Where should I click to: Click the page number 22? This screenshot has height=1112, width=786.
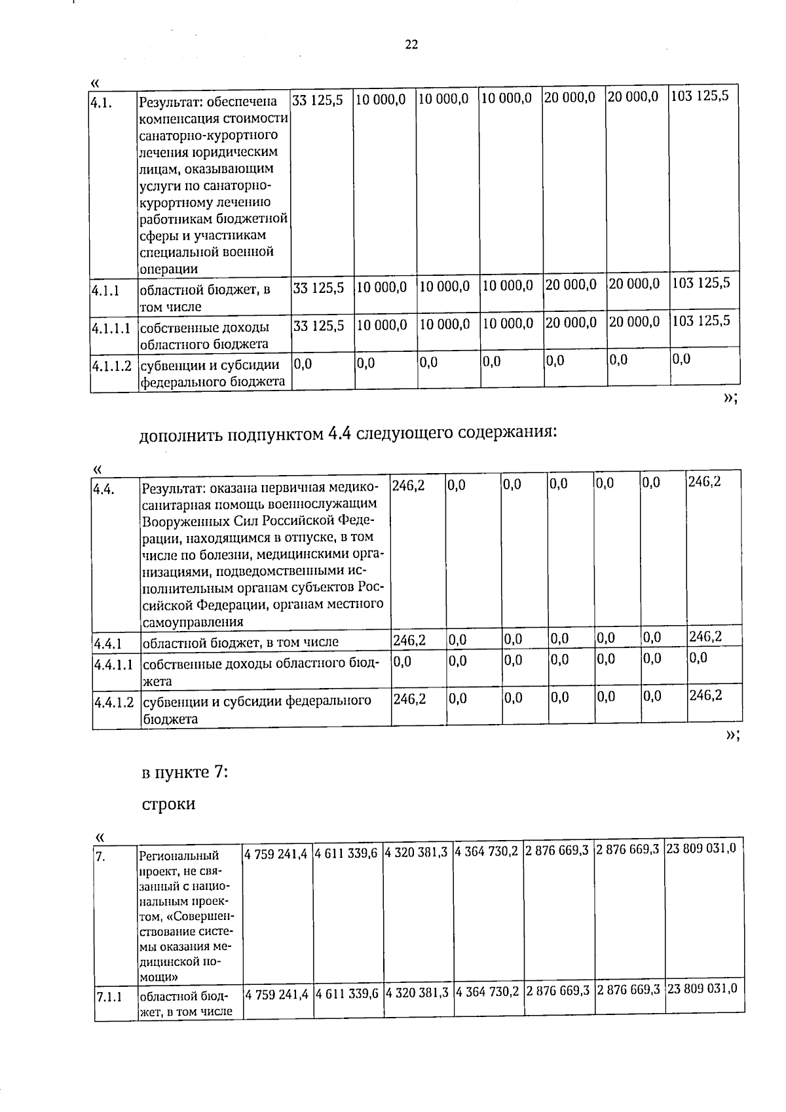(x=411, y=45)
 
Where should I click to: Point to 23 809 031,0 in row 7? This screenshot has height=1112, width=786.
(x=701, y=849)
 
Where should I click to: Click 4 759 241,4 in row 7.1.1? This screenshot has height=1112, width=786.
(x=276, y=993)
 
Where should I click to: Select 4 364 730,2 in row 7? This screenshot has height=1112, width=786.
(x=487, y=852)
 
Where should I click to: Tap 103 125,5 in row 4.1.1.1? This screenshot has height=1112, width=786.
(x=701, y=321)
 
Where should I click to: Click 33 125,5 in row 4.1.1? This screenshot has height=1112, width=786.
(x=318, y=287)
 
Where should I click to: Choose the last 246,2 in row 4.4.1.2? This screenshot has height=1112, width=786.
(x=705, y=695)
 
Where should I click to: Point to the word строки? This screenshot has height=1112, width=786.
(x=168, y=804)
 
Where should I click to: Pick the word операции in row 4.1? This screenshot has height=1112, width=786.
(x=168, y=269)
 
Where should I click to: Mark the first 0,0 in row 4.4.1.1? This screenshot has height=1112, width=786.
(x=402, y=661)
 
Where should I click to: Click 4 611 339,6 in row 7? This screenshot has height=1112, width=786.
(x=346, y=852)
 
